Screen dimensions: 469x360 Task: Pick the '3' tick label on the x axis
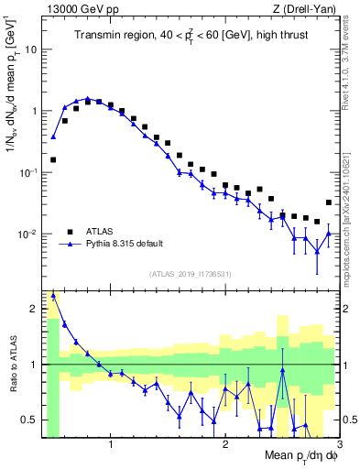(x=338, y=446)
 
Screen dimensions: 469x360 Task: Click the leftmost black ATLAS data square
(x=53, y=159)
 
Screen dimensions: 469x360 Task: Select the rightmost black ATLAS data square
(x=329, y=202)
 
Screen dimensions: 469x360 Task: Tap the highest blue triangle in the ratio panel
(x=53, y=296)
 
